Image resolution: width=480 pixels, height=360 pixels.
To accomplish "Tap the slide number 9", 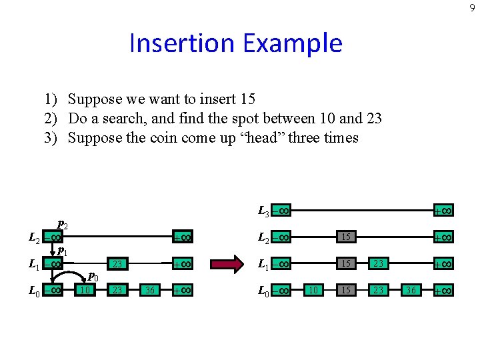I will pyautogui.click(x=471, y=8).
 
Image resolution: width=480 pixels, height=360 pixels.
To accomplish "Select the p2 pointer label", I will pyautogui.click(x=61, y=224).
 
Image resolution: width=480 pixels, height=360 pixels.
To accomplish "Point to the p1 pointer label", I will pyautogui.click(x=61, y=251).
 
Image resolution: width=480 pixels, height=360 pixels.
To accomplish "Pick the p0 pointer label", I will pyautogui.click(x=93, y=277).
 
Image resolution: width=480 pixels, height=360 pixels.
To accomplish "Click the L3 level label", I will pyautogui.click(x=263, y=211).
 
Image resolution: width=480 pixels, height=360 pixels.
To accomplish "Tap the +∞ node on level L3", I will pyautogui.click(x=443, y=211).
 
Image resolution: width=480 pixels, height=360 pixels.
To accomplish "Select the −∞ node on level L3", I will pyautogui.click(x=281, y=211).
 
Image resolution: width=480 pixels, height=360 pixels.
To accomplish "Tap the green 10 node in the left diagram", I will pyautogui.click(x=84, y=291).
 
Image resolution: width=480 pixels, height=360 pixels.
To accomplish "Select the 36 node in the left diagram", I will pyautogui.click(x=150, y=291).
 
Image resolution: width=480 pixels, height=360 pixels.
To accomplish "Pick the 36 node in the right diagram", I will pyautogui.click(x=411, y=291).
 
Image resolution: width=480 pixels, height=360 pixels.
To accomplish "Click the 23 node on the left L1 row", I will pyautogui.click(x=117, y=264).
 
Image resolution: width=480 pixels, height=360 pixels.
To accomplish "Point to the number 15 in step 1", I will pyautogui.click(x=247, y=99).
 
